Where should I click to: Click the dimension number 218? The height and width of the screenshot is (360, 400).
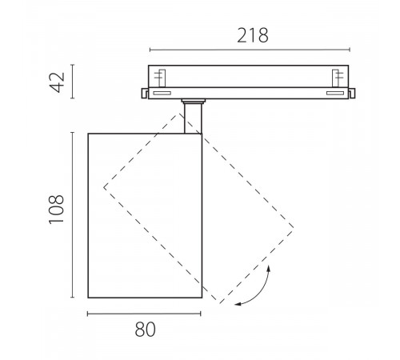[253, 36]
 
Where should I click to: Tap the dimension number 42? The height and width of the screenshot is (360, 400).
[58, 82]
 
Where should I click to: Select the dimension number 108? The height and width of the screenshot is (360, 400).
[57, 210]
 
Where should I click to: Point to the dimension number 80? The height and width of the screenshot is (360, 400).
[145, 330]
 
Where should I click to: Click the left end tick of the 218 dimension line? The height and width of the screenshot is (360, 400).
[150, 50]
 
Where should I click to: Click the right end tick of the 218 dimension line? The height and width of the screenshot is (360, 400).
[350, 50]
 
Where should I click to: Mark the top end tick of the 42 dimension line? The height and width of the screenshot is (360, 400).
[72, 65]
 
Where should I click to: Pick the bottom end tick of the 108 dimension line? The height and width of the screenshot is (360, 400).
[72, 297]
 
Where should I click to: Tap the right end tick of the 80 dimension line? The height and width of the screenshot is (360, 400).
[200, 314]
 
